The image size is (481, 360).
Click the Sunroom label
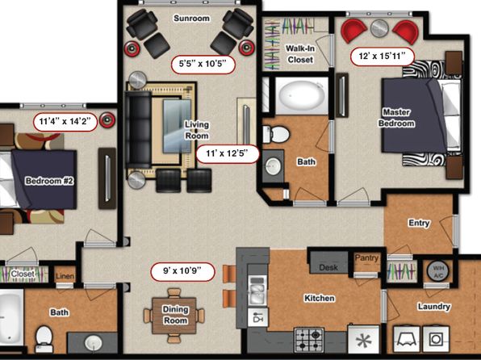coord(192,19)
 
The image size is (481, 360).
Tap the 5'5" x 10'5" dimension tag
coord(203,65)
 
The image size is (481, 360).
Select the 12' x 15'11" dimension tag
coord(383,57)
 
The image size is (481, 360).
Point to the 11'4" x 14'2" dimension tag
coord(65,122)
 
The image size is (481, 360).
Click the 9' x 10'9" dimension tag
coord(182,272)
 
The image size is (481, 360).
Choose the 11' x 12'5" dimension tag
coord(228,154)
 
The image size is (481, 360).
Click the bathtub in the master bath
coord(302,94)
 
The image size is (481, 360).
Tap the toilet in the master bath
coord(276,134)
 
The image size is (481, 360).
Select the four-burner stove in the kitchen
coord(309,340)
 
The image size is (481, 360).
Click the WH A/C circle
coord(437,271)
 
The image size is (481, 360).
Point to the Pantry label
coord(366,257)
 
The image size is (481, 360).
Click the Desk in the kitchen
coord(328,262)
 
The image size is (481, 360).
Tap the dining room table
coord(175,315)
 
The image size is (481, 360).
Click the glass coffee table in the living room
coord(177,126)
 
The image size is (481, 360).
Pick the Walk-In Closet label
coord(300,54)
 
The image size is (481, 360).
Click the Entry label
coord(419,223)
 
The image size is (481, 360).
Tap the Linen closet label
coord(65,277)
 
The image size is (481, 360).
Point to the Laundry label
coord(433,306)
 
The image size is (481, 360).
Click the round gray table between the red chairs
coord(379,28)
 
